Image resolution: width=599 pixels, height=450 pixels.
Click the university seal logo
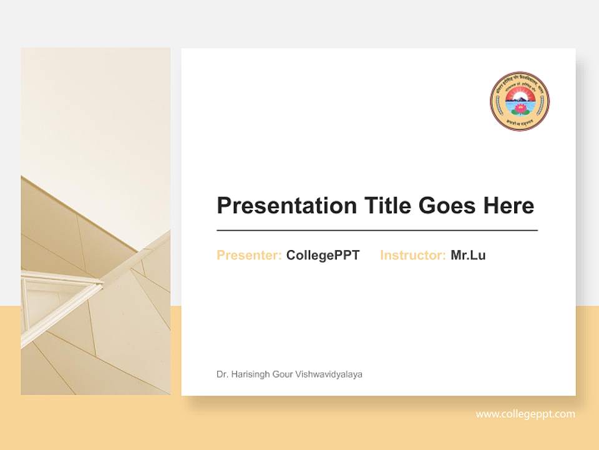[520, 101]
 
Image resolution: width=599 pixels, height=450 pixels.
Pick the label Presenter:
[249, 255]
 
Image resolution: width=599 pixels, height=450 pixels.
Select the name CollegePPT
[323, 255]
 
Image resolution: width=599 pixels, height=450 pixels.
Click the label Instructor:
[412, 255]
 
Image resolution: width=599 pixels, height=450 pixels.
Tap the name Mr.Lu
[468, 255]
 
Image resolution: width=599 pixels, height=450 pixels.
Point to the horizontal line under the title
[377, 231]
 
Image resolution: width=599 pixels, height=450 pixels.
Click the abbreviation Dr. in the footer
[222, 374]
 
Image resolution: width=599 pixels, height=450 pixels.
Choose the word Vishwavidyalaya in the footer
[331, 374]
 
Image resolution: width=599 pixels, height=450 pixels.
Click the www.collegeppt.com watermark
[525, 414]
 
